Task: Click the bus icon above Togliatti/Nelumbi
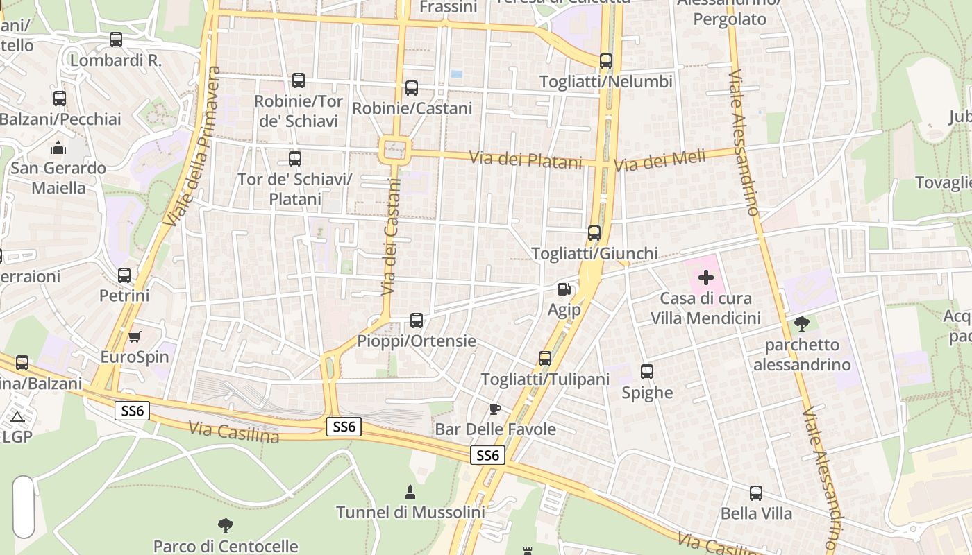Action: tap(606, 61)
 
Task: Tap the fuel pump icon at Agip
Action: tap(564, 289)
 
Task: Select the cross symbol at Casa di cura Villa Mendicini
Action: tap(706, 278)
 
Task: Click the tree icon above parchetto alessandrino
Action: tap(802, 323)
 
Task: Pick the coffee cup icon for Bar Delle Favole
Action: tap(494, 409)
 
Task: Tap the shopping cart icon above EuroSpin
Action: tap(135, 337)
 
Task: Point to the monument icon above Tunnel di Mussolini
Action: tap(410, 493)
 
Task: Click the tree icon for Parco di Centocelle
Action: tap(225, 526)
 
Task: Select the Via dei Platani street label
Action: tap(526, 160)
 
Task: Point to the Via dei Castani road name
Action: tap(392, 236)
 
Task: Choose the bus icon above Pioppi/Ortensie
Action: tap(417, 321)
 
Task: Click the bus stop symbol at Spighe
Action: tap(647, 372)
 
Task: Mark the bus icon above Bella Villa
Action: tap(756, 493)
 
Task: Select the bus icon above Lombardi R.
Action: tap(116, 40)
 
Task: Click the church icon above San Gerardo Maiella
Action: tap(58, 147)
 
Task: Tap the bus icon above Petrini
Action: tap(124, 275)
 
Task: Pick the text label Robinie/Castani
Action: tap(412, 108)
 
